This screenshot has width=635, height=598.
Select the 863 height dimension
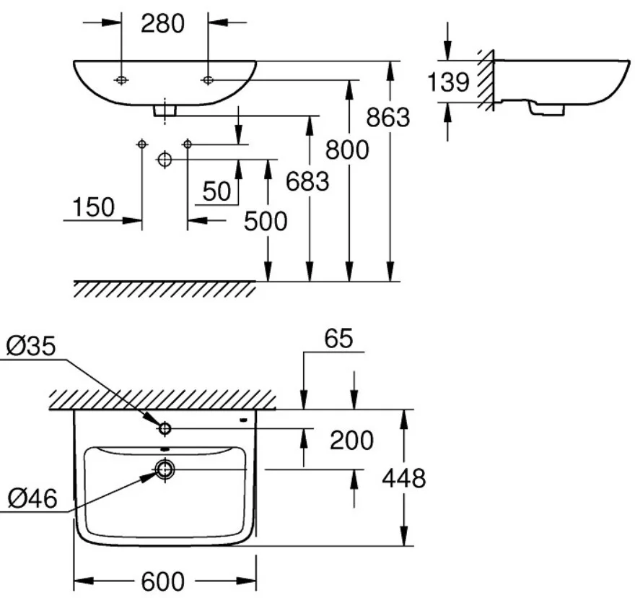[x=387, y=116]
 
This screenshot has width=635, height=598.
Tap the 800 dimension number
[x=346, y=149]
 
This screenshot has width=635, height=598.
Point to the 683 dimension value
[x=307, y=181]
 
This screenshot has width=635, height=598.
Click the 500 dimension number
[x=265, y=221]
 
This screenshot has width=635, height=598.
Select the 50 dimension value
[x=216, y=191]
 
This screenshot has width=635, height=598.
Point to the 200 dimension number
[x=352, y=440]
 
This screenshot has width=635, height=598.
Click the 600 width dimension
[x=165, y=581]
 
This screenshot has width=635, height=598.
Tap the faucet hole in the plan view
[x=165, y=429]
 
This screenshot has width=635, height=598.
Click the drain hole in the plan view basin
[x=165, y=470]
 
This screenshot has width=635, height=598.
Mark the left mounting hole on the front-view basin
[x=121, y=79]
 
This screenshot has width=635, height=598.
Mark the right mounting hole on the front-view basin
[x=208, y=79]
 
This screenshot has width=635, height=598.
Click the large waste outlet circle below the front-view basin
[x=165, y=159]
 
